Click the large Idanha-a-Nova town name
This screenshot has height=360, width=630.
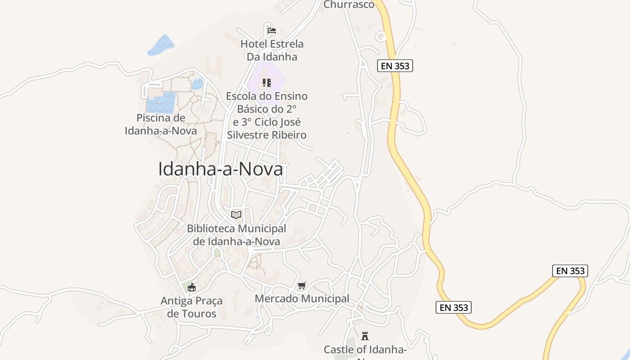[220, 169]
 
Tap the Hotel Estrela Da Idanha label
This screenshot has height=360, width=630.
[272, 50]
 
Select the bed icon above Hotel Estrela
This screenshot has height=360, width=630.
[272, 31]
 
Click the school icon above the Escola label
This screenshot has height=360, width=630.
[267, 83]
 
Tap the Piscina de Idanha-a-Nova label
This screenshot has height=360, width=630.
[161, 125]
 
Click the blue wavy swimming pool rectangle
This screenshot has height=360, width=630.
[161, 103]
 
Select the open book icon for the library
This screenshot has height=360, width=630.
[236, 215]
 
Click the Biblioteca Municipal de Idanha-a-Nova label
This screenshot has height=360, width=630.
[236, 235]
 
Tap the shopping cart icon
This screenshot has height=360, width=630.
[302, 286]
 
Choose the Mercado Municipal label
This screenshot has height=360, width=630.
[302, 299]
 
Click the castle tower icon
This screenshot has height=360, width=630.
[365, 336]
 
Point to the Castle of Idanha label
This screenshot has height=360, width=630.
[365, 350]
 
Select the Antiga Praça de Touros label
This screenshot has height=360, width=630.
[192, 307]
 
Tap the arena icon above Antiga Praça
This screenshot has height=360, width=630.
[192, 287]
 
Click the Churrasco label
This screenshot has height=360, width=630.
[349, 4]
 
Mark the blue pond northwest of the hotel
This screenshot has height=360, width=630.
[161, 45]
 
